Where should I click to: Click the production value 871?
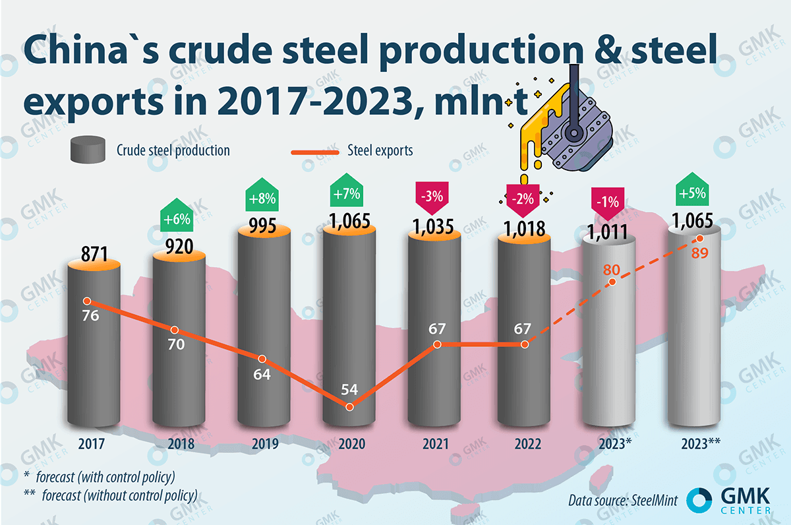click(x=94, y=253)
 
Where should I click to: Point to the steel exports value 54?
click(x=349, y=389)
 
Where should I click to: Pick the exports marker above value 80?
click(x=612, y=282)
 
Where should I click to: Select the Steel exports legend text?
click(x=380, y=150)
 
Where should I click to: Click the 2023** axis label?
click(x=700, y=445)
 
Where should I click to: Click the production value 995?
click(x=264, y=224)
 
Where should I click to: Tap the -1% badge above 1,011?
click(x=608, y=201)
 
